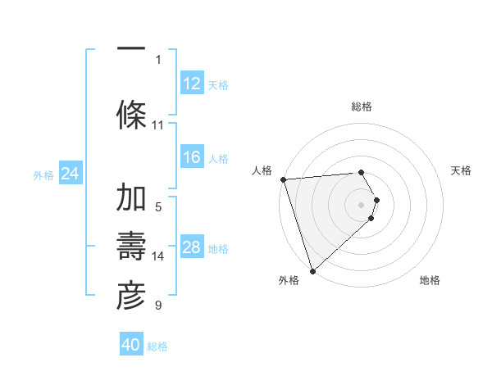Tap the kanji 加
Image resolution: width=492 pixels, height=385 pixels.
pos(131,198)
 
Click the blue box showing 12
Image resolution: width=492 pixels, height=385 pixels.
pos(192,84)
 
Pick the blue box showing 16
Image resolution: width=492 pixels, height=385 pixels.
pos(192,157)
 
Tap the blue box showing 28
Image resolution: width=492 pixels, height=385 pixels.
pos(192,247)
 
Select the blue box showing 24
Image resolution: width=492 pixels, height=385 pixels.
pos(71,174)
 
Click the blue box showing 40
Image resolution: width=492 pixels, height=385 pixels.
pos(131,345)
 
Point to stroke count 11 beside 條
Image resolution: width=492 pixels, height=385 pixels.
pos(158,125)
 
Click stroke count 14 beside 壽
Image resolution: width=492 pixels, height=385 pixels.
pos(158,256)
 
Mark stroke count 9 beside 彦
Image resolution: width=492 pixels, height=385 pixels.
pos(158,306)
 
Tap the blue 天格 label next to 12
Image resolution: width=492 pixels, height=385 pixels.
pos(218,84)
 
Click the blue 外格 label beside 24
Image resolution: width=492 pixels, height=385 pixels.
pos(43,174)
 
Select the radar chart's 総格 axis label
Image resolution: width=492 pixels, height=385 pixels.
pos(362,106)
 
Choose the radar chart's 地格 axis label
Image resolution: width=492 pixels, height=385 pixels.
pos(430,280)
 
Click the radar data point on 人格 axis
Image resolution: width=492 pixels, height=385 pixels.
pos(283,179)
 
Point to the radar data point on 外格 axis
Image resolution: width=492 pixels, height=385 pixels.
pos(312,270)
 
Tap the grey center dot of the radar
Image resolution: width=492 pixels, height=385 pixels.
pos(362,204)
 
